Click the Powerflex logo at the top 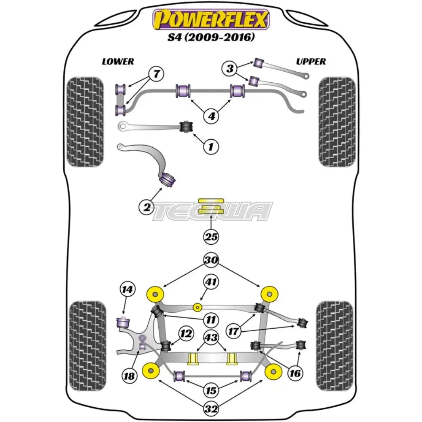click(211, 19)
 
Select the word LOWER click(118, 62)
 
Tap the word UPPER click(311, 62)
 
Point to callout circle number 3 click(230, 68)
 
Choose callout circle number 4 click(211, 115)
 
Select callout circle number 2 click(147, 206)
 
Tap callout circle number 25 click(211, 237)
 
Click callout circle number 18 click(130, 375)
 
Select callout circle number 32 click(211, 408)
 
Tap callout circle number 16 click(295, 372)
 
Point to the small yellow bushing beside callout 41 click(197, 307)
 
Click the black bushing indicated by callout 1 click(186, 126)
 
